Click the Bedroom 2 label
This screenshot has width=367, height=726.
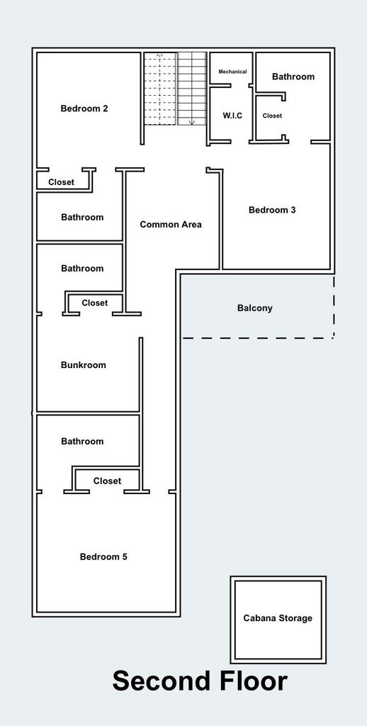pyautogui.click(x=84, y=108)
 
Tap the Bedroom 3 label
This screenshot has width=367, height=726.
pyautogui.click(x=272, y=210)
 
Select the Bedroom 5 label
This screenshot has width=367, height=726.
pyautogui.click(x=103, y=557)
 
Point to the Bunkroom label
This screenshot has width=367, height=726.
pyautogui.click(x=83, y=365)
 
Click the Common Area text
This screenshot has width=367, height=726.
pyautogui.click(x=171, y=225)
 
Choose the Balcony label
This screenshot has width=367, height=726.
pyautogui.click(x=254, y=308)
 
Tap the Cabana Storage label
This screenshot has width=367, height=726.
pyautogui.click(x=278, y=618)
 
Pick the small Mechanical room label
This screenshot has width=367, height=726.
pyautogui.click(x=232, y=72)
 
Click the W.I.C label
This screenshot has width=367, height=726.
pyautogui.click(x=232, y=116)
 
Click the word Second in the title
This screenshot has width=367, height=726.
pyautogui.click(x=159, y=681)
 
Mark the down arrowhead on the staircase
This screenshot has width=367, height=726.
pyautogui.click(x=191, y=122)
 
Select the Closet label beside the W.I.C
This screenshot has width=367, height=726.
pyautogui.click(x=272, y=116)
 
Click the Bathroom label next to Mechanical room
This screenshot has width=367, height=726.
pyautogui.click(x=293, y=77)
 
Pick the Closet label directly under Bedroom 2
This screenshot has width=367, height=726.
pyautogui.click(x=61, y=182)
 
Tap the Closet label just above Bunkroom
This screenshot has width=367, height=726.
pyautogui.click(x=94, y=303)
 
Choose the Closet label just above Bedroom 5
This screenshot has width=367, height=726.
pyautogui.click(x=107, y=481)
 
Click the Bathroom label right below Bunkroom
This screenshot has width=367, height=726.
pyautogui.click(x=82, y=441)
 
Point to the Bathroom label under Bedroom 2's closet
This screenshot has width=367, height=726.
pyautogui.click(x=82, y=217)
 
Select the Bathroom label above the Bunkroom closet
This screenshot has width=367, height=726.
pyautogui.click(x=82, y=268)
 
